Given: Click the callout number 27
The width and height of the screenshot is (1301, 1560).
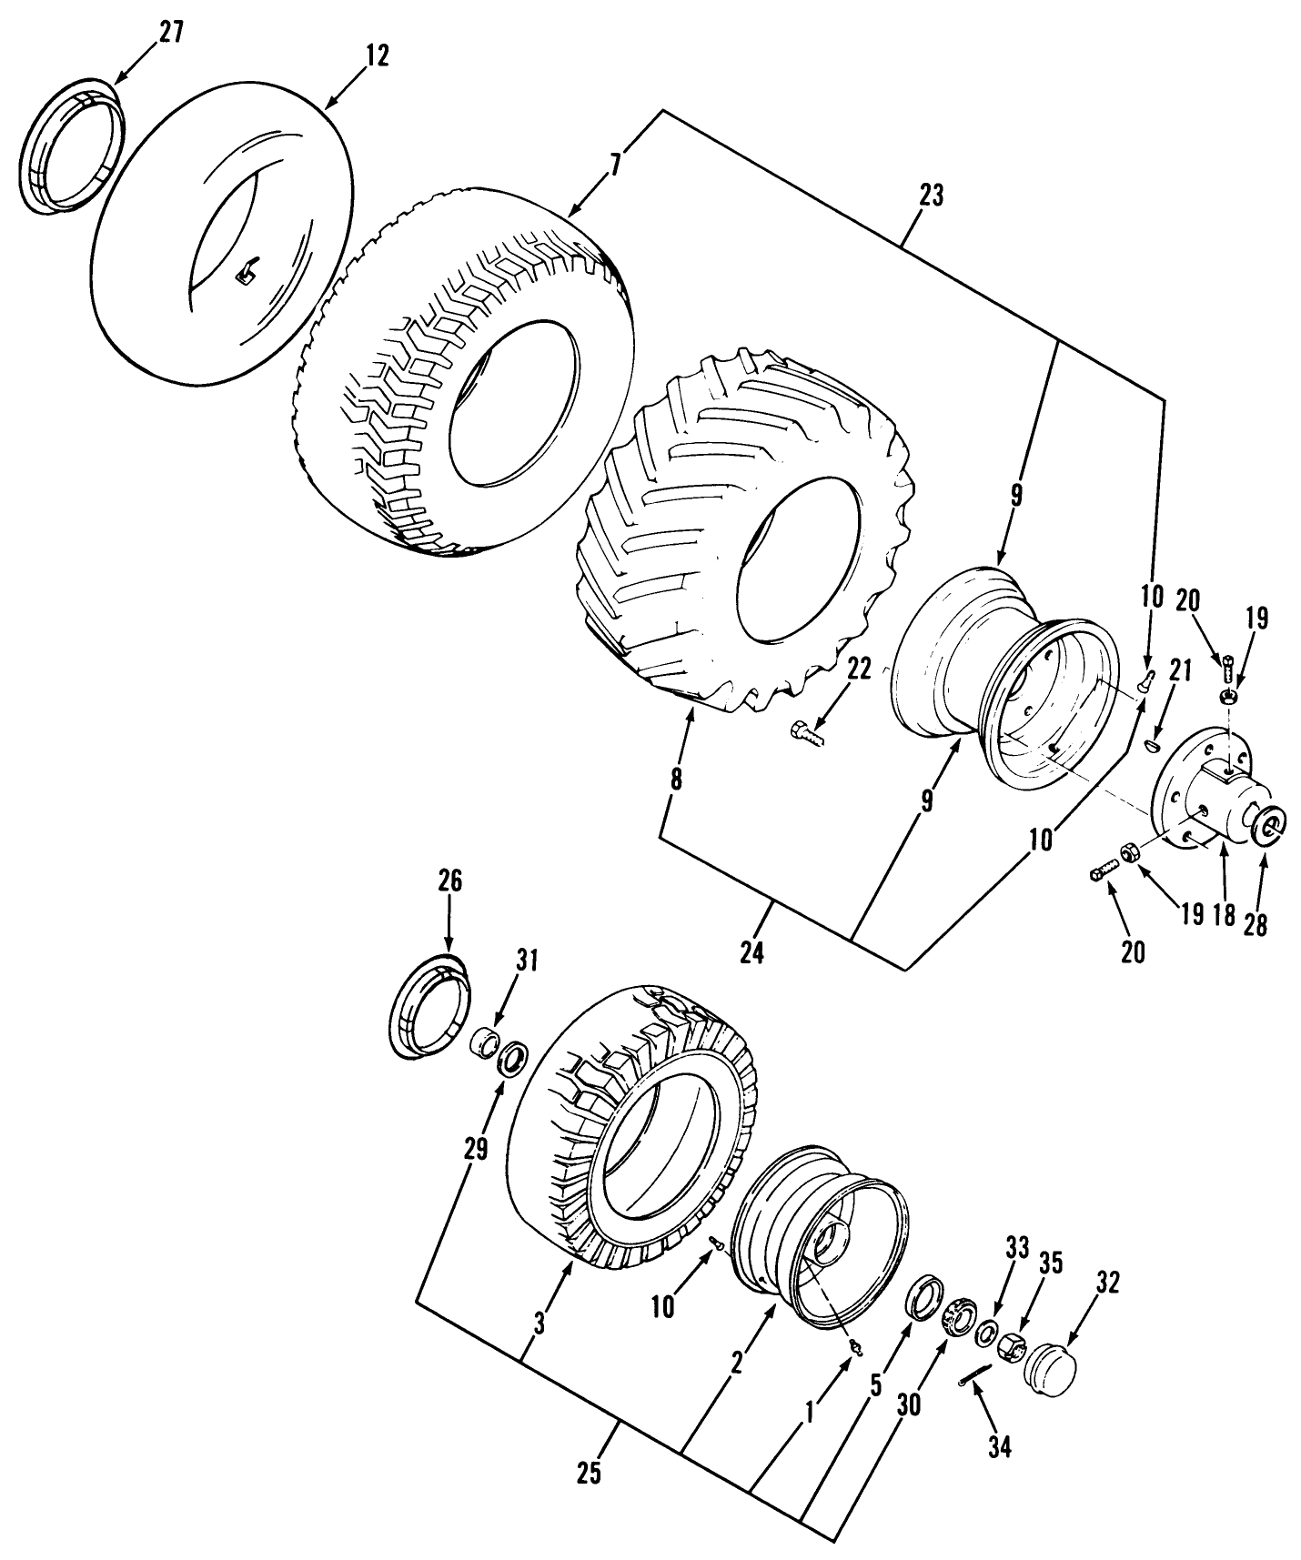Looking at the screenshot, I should (170, 32).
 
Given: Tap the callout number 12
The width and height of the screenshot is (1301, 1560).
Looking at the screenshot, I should (377, 55).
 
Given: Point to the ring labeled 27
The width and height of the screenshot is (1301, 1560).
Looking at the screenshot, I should (70, 146).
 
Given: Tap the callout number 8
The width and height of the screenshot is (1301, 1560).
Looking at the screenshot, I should (675, 779).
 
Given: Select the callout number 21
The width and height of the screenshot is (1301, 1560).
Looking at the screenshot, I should (1180, 671).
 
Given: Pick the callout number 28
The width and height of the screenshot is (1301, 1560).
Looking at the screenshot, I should (1255, 924).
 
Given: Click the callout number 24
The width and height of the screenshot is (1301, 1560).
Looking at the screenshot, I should (751, 952).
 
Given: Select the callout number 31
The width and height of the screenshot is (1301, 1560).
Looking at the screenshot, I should (527, 960).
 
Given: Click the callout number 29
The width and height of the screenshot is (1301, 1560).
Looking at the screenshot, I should (474, 1148).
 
